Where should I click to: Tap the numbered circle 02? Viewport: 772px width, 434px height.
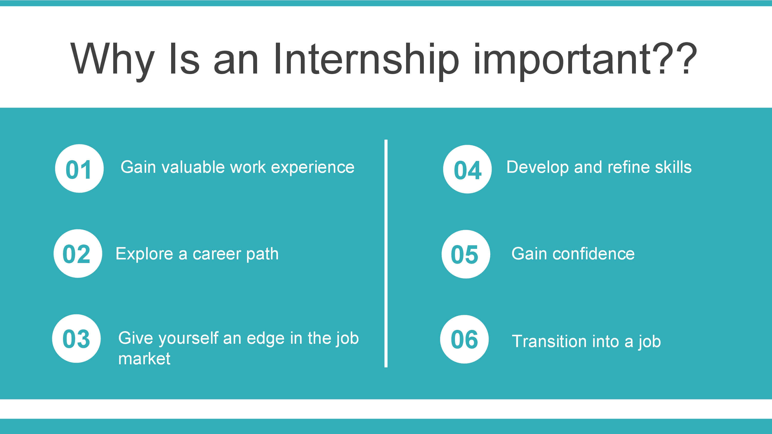click(78, 254)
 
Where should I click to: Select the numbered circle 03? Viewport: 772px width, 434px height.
click(76, 339)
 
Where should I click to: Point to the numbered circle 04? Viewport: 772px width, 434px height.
click(467, 169)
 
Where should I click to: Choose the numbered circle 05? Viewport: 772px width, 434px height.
click(466, 254)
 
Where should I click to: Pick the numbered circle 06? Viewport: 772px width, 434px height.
click(464, 339)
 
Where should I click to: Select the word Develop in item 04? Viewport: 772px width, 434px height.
click(537, 168)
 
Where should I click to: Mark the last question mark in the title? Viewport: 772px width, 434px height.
click(688, 58)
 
